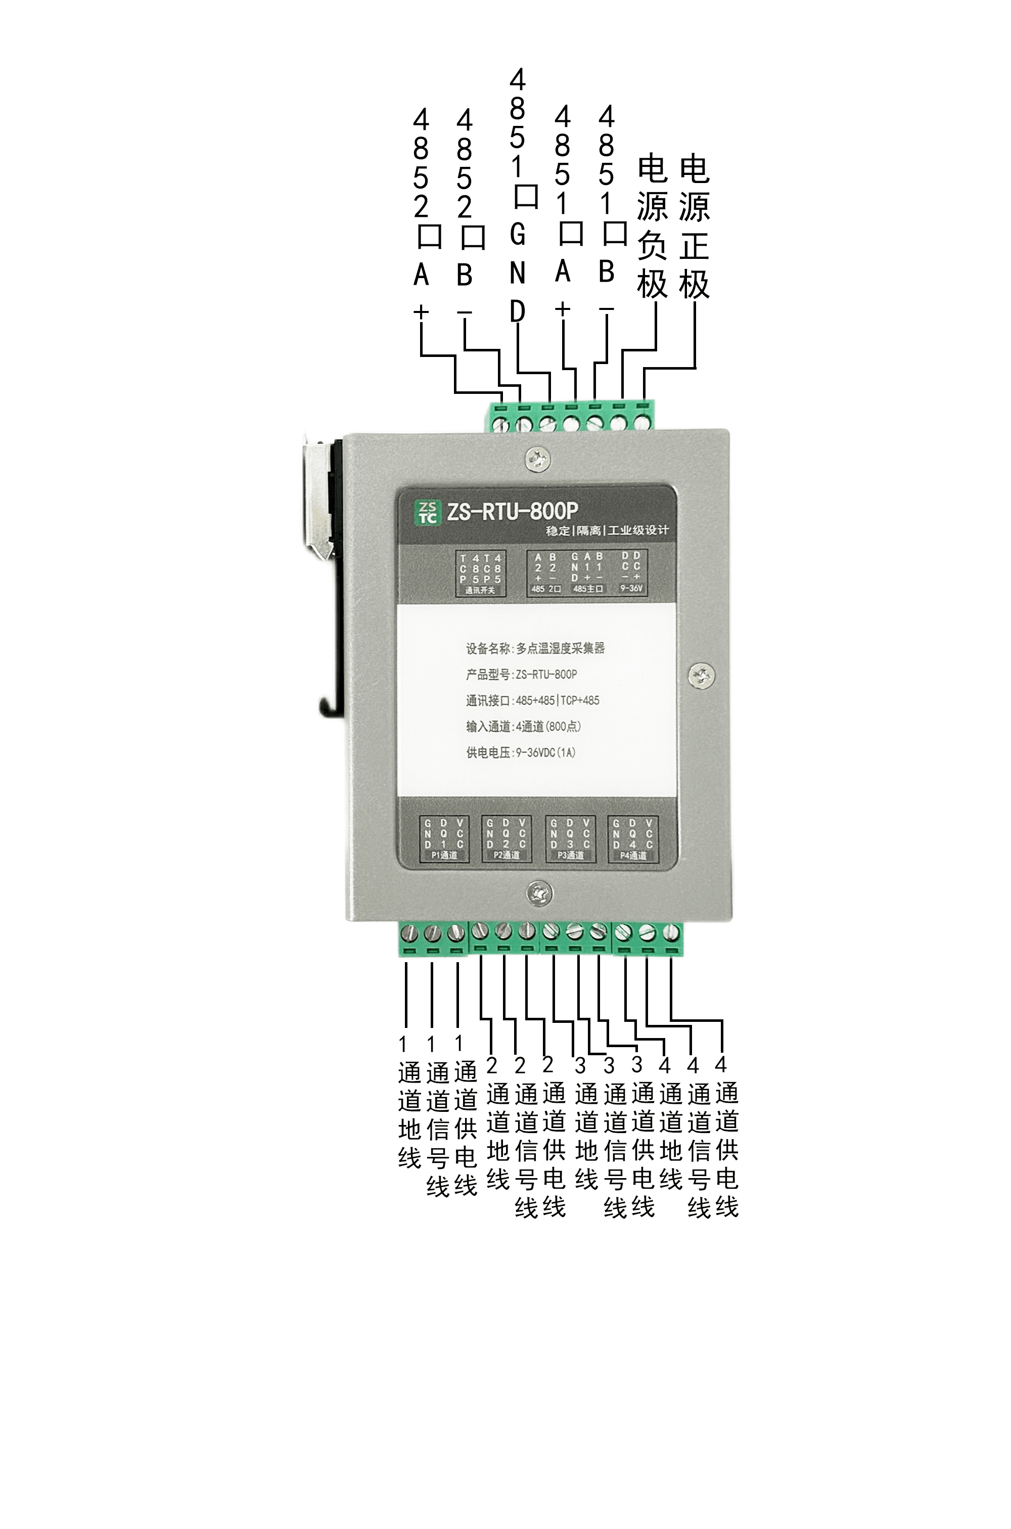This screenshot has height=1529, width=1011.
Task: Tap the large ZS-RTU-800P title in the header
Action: pos(513,511)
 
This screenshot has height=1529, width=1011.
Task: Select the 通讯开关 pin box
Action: pos(480,573)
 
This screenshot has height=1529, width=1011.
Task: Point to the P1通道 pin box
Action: pos(444,838)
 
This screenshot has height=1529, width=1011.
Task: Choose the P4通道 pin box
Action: pos(633,838)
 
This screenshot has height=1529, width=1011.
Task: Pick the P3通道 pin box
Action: pos(571,838)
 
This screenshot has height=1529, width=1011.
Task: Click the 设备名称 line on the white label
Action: pos(535,648)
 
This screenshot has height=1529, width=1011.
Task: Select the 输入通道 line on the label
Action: pos(524,726)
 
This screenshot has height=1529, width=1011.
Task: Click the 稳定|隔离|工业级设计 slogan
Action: pos(607,531)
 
